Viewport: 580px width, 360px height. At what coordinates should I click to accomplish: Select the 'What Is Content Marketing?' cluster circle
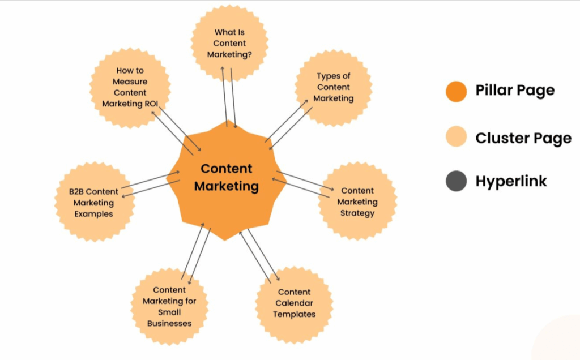229,43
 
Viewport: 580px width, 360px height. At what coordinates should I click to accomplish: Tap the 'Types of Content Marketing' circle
334,87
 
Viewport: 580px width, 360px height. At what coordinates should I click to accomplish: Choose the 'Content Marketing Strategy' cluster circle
357,202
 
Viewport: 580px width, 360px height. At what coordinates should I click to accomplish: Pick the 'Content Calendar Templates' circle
294,303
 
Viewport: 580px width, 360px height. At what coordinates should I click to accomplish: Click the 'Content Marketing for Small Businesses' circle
169,307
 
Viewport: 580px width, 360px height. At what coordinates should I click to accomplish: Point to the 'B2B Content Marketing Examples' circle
93,203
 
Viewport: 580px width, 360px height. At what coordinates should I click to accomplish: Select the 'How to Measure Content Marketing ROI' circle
130,87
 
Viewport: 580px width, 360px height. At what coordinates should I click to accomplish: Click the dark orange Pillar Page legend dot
456,91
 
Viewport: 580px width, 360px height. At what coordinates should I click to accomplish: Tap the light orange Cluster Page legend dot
456,137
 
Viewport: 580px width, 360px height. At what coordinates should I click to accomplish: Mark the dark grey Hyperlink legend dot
456,181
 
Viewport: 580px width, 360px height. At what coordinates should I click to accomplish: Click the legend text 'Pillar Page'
515,91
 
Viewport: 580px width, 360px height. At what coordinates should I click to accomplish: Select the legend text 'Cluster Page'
523,138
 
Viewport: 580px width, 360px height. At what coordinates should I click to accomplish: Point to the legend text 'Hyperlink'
511,182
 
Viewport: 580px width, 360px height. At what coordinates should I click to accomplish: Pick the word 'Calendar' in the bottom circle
294,303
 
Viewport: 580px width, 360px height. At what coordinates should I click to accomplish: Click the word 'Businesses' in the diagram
169,323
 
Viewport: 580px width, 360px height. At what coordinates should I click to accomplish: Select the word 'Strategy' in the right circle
357,213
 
